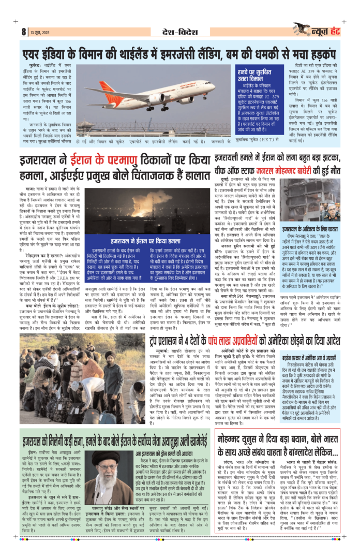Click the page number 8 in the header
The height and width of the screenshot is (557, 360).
(24, 32)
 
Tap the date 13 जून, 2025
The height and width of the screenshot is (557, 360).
(40, 33)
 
